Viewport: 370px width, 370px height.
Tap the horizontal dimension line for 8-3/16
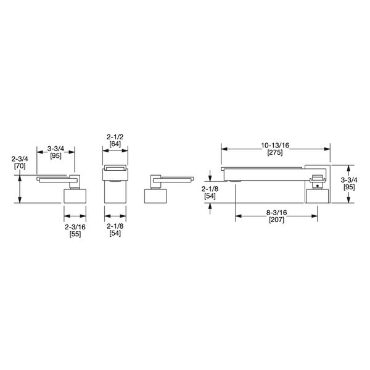276,216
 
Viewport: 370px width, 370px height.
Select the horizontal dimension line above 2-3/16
75,216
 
